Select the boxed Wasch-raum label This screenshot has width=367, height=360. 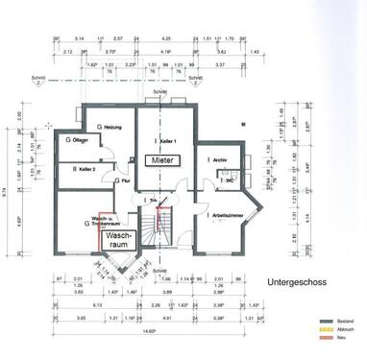pos(119,237)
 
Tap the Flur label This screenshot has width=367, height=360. pos(123,180)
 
